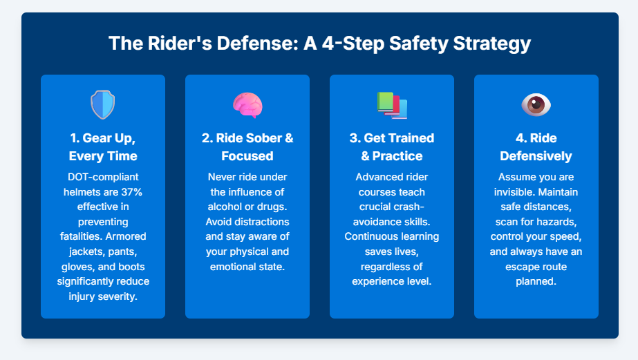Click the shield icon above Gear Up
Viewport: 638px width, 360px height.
pos(102,105)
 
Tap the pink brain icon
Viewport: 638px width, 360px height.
pos(247,105)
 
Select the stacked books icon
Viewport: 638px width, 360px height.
pos(392,105)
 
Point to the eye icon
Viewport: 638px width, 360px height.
pos(536,105)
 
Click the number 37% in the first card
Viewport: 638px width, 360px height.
pos(131,192)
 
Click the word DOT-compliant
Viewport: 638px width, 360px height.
pos(103,177)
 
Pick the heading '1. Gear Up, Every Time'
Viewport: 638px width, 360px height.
pos(103,147)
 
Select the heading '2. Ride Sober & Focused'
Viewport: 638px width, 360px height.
pos(247,147)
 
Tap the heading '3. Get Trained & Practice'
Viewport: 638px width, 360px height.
pos(392,147)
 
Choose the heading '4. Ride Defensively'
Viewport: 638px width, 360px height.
pos(536,147)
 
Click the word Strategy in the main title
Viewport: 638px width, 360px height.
pos(492,44)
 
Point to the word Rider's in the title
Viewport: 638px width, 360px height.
pos(180,43)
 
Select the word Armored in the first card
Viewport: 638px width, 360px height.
pos(126,236)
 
